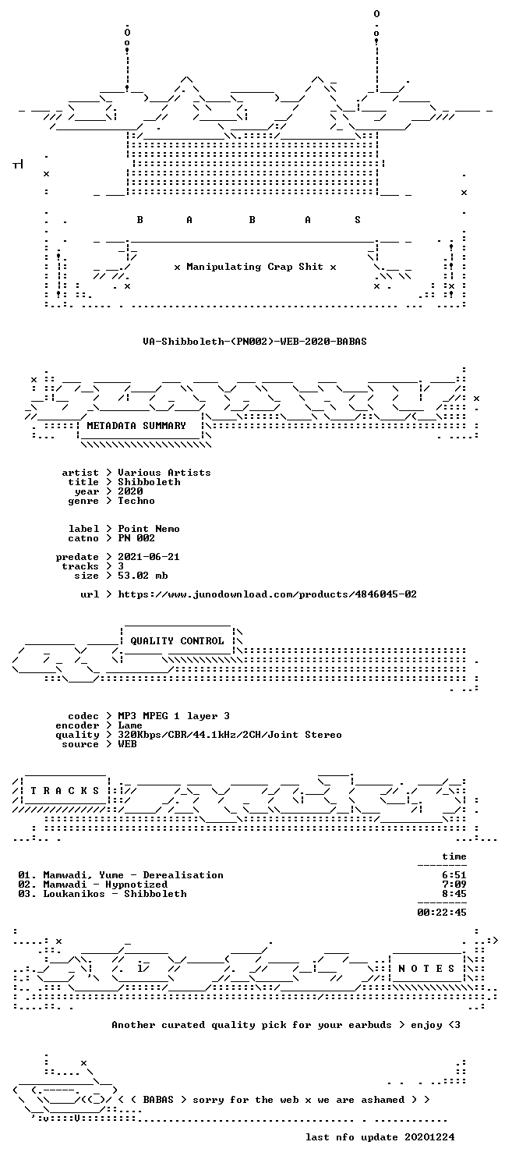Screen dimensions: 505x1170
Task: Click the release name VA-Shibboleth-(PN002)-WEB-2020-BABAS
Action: pos(255,342)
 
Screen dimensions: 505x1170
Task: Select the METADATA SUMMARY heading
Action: pos(136,426)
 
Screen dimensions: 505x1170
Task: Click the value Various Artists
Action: pos(164,473)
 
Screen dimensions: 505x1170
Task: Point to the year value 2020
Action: pos(130,491)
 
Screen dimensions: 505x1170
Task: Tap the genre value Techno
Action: pos(136,501)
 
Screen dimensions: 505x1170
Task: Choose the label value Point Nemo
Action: pos(149,529)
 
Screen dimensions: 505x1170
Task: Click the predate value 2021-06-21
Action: pos(149,557)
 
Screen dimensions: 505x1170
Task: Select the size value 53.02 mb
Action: pos(143,576)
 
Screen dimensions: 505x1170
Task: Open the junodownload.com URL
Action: pos(267,594)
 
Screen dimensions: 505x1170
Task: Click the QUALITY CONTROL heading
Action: pos(177,641)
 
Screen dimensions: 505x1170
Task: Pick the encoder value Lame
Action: pos(130,725)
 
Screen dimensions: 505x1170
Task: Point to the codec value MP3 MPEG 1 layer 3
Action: pos(174,716)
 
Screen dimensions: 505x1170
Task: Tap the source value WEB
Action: pos(127,744)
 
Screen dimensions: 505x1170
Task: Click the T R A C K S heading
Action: pos(65,791)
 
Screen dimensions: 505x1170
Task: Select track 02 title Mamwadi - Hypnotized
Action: pos(105,885)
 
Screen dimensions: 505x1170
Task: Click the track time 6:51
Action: pos(454,875)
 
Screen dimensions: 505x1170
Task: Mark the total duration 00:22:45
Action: pos(441,913)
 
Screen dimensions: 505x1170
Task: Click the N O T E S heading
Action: pos(426,969)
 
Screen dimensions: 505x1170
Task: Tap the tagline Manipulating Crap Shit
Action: pos(255,267)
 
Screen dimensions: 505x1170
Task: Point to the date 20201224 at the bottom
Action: pos(429,1137)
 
